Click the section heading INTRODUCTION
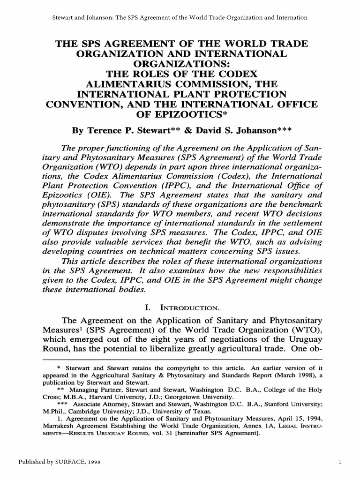(190, 307)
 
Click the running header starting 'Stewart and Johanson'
(180, 17)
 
